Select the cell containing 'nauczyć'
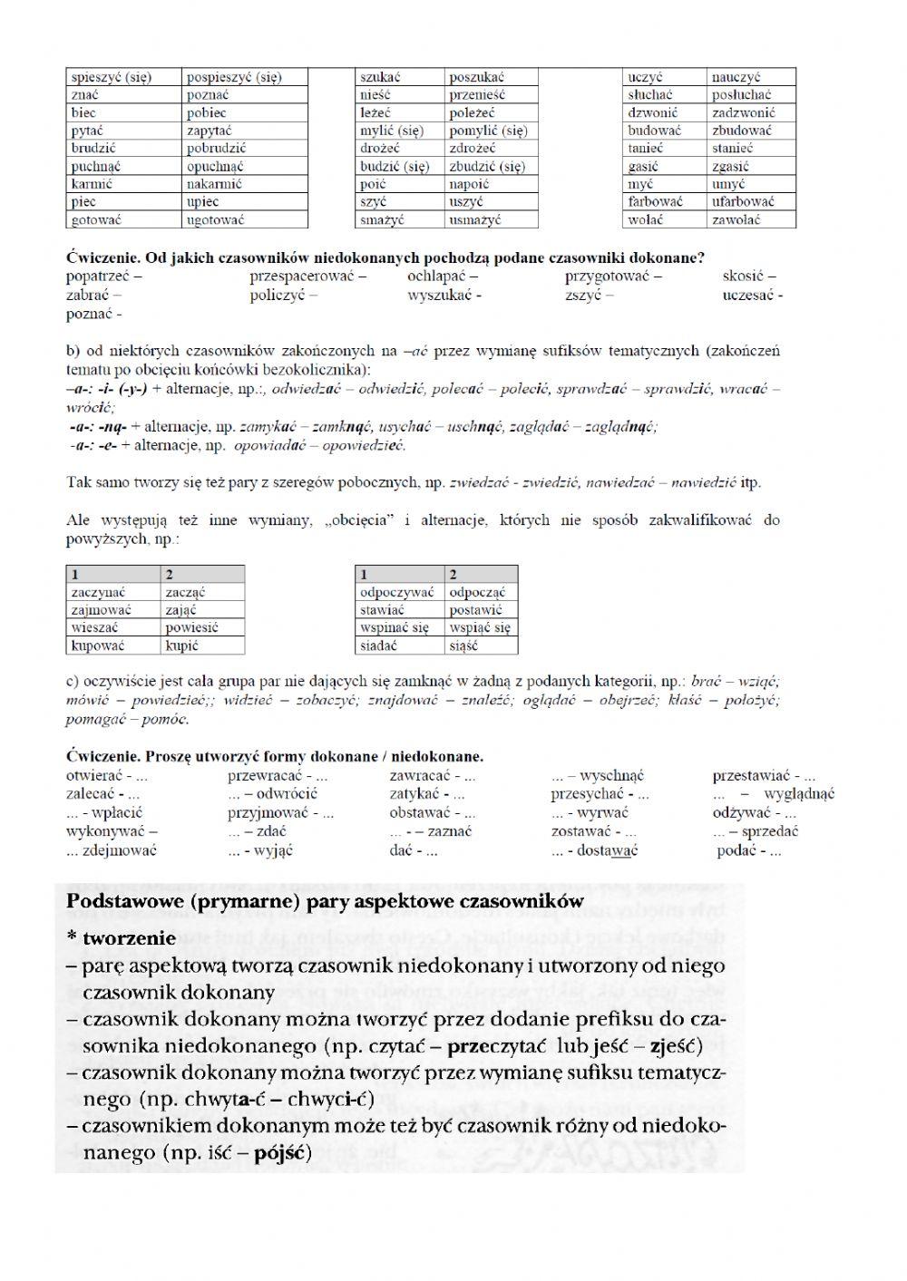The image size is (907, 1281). [736, 77]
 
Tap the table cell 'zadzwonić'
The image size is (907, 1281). [743, 112]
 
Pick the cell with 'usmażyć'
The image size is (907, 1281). [474, 219]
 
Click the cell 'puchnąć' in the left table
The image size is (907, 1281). [96, 166]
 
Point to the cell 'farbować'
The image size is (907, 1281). [655, 201]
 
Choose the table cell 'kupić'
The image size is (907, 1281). [181, 645]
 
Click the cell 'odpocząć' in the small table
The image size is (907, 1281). [477, 592]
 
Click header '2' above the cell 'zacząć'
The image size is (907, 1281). [170, 574]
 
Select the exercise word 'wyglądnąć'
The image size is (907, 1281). [799, 794]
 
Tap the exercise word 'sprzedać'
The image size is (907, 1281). [769, 831]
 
